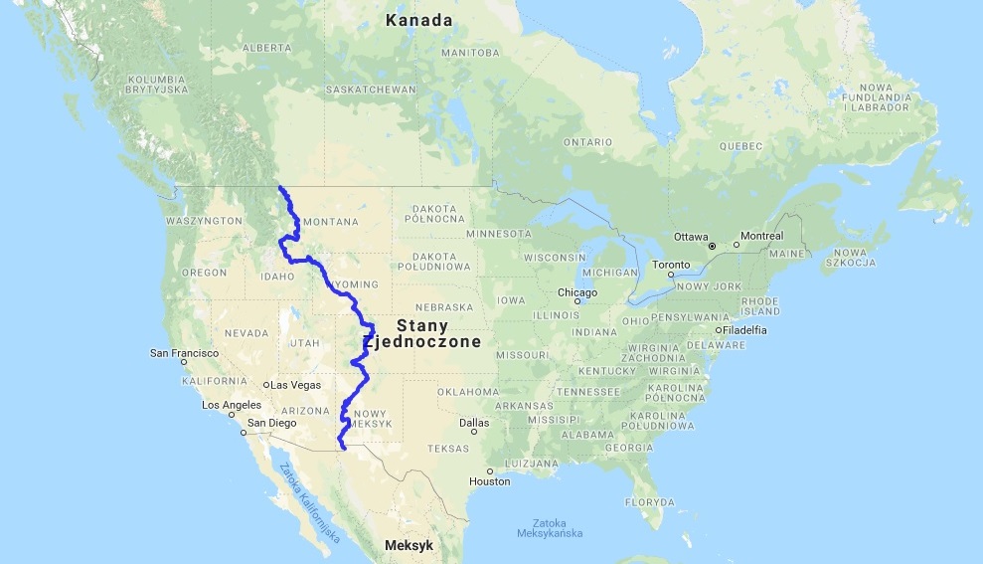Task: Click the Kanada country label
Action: [x=419, y=20]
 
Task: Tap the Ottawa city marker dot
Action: [x=712, y=245]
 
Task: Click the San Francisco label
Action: [x=184, y=352]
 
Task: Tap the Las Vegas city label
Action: [x=292, y=385]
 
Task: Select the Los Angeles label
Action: [x=232, y=405]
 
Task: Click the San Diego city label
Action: [x=270, y=422]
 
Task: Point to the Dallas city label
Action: [x=474, y=422]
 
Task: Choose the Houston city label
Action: [x=490, y=480]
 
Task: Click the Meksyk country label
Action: [x=409, y=546]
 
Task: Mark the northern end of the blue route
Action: [x=279, y=187]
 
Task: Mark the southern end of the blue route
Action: [x=343, y=450]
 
